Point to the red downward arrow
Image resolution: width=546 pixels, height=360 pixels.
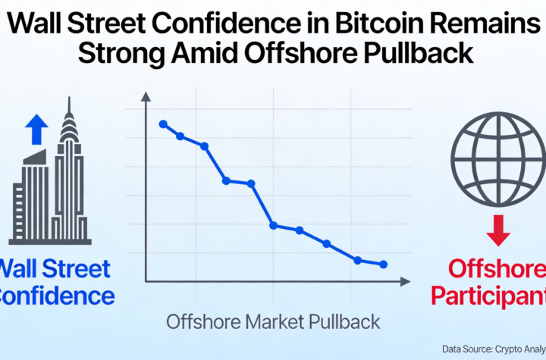coord(497,230)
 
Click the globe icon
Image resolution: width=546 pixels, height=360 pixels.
coord(497,160)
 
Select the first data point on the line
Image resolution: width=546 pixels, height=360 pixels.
coord(163,124)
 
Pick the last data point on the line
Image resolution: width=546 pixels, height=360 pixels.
coord(384,265)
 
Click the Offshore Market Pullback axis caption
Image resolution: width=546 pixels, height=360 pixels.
coord(273,321)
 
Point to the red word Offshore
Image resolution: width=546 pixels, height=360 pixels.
coord(497,268)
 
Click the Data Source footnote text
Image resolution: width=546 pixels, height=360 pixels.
coord(493,349)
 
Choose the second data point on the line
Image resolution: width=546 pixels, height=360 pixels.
coord(180,136)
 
